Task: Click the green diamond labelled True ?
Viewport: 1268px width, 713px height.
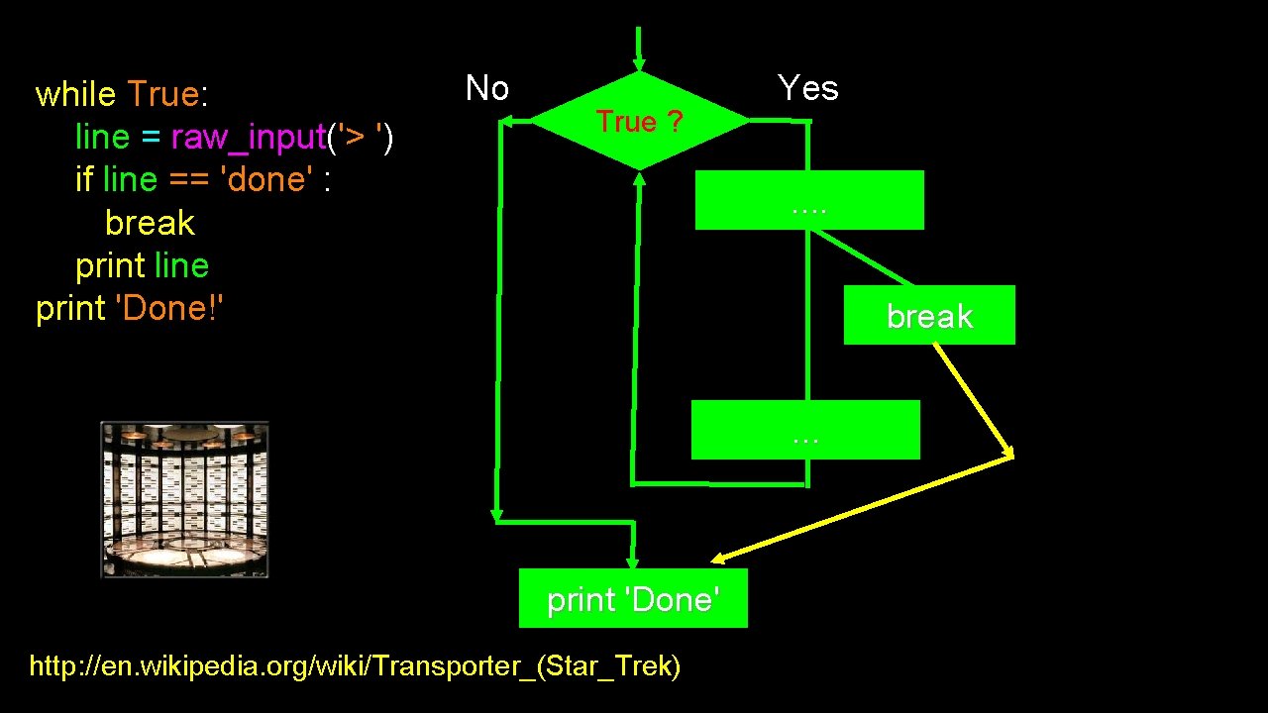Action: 640,121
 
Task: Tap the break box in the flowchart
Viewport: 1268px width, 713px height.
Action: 929,315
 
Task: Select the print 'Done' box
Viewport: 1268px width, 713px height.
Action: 633,598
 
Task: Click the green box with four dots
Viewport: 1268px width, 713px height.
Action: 809,200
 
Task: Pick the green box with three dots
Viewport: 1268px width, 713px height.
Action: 805,430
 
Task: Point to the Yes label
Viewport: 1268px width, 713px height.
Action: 808,88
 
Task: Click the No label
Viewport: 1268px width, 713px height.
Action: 487,89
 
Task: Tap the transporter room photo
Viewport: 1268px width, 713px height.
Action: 184,500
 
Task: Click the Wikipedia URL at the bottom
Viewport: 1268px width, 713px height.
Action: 355,666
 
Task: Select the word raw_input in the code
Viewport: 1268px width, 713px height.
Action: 249,137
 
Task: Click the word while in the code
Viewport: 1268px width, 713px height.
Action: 75,94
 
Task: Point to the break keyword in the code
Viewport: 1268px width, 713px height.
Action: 150,223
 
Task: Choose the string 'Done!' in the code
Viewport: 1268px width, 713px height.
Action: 170,309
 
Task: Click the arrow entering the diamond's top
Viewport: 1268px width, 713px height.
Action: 639,50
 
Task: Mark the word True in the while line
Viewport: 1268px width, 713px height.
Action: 163,94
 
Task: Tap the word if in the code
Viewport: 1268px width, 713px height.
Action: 84,179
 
